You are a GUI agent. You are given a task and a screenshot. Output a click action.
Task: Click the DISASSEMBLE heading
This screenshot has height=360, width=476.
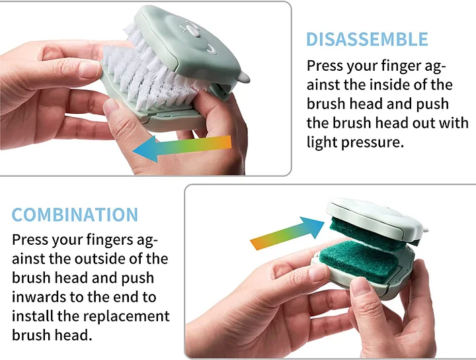367,39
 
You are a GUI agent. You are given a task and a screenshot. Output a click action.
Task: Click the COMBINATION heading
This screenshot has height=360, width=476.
75,214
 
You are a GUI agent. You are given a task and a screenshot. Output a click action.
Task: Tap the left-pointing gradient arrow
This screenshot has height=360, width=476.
182,148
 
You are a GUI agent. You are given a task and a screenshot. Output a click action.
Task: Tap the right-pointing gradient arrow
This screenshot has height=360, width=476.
287,233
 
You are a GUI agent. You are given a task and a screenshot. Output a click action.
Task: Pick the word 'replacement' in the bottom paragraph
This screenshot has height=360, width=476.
126,316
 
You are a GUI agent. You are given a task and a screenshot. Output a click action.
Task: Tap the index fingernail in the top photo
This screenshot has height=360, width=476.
89,69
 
